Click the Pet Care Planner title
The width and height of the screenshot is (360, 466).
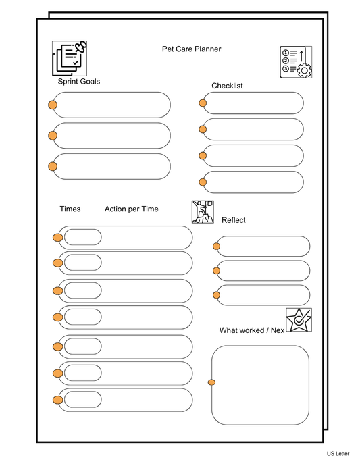tap(191, 49)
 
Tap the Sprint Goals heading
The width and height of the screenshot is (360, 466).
tap(79, 82)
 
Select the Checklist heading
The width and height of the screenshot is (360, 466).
tap(227, 86)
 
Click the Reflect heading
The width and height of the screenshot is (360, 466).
tap(234, 220)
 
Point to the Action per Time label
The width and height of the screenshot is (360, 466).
tap(132, 209)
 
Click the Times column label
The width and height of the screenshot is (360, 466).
tap(70, 209)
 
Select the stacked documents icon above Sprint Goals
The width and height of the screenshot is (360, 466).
tap(70, 57)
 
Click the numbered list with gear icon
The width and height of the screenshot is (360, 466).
tap(296, 62)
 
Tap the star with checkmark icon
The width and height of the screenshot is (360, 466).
tap(299, 319)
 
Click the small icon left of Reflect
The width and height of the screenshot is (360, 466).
tap(203, 211)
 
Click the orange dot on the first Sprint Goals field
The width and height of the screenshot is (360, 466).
tap(53, 105)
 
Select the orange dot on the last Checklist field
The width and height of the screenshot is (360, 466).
tap(203, 182)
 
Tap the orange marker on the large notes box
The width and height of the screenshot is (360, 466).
tap(211, 383)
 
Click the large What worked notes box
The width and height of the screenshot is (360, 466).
tap(261, 386)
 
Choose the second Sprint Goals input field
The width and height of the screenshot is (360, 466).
tap(112, 136)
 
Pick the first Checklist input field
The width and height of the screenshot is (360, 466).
tap(253, 103)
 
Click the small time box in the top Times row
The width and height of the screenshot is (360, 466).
tap(82, 237)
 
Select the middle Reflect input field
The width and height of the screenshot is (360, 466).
tap(264, 271)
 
